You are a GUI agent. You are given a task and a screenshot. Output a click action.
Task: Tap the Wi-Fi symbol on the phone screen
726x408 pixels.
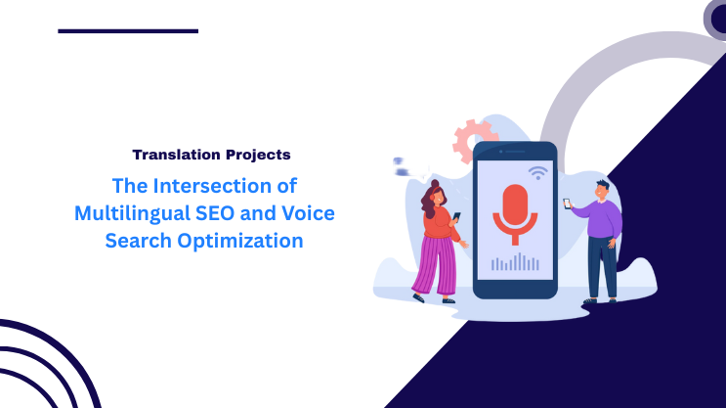(536, 172)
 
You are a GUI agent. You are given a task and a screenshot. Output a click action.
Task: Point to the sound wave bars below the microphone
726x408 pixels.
(515, 262)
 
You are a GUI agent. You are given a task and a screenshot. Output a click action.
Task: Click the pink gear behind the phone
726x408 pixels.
(473, 139)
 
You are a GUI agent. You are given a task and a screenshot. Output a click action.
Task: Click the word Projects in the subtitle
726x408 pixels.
(255, 155)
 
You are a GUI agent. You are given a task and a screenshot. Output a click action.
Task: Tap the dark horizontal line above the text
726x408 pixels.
(128, 31)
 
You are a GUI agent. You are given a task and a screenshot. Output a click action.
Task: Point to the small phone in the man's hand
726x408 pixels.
(566, 204)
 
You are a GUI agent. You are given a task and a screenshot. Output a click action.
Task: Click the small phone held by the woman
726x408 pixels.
(456, 214)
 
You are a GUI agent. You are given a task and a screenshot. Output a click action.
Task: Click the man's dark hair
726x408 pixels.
(602, 185)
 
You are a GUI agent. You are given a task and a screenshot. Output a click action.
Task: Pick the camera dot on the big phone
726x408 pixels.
(499, 152)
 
